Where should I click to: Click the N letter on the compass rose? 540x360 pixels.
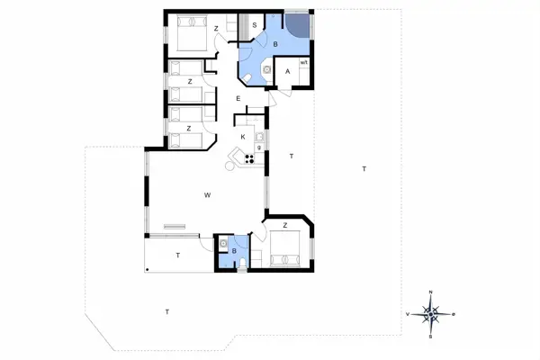[431, 292]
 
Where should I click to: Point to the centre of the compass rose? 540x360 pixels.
[431, 314]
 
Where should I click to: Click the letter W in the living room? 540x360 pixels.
[207, 194]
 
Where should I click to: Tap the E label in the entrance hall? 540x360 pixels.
[238, 97]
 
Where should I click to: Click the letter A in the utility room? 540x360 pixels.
[288, 72]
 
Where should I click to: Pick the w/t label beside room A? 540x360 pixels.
[304, 62]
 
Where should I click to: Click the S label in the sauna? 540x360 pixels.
[255, 25]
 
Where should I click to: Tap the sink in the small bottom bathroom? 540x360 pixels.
[222, 243]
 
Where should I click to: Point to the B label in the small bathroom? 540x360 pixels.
[234, 251]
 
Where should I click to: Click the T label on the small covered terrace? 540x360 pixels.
[177, 256]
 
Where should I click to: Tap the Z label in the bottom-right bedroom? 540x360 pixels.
[284, 225]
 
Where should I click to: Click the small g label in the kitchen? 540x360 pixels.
[259, 147]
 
